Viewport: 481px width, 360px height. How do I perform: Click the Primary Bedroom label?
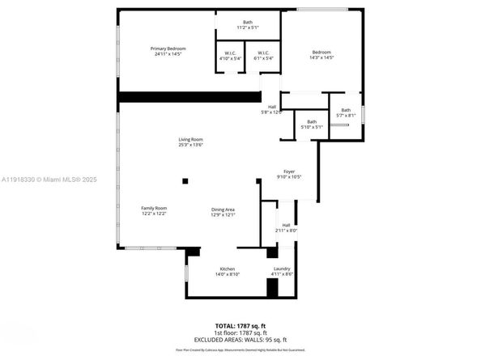(x=168, y=51)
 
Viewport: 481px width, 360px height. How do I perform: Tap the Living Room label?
(x=191, y=142)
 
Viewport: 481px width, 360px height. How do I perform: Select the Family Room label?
(x=154, y=210)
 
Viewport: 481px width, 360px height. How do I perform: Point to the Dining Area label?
(x=223, y=210)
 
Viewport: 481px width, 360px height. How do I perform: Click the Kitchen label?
(x=228, y=271)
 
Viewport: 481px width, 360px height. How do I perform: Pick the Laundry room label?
(x=282, y=271)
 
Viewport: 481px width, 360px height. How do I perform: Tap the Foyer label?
(x=289, y=174)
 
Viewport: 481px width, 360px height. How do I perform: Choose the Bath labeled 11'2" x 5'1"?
(x=248, y=24)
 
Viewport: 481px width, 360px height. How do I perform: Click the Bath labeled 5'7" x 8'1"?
(x=346, y=112)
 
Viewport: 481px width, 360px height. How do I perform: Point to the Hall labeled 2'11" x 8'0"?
(x=286, y=227)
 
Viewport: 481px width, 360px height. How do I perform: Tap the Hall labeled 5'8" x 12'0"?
(x=273, y=109)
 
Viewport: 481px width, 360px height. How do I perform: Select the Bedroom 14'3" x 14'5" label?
(x=322, y=53)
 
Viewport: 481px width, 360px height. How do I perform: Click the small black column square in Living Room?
(x=185, y=181)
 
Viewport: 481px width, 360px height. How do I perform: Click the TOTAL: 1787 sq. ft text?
(x=241, y=324)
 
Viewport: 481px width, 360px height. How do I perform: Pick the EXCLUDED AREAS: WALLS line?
(x=241, y=340)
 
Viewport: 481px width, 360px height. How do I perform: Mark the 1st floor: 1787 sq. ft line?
(x=241, y=332)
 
